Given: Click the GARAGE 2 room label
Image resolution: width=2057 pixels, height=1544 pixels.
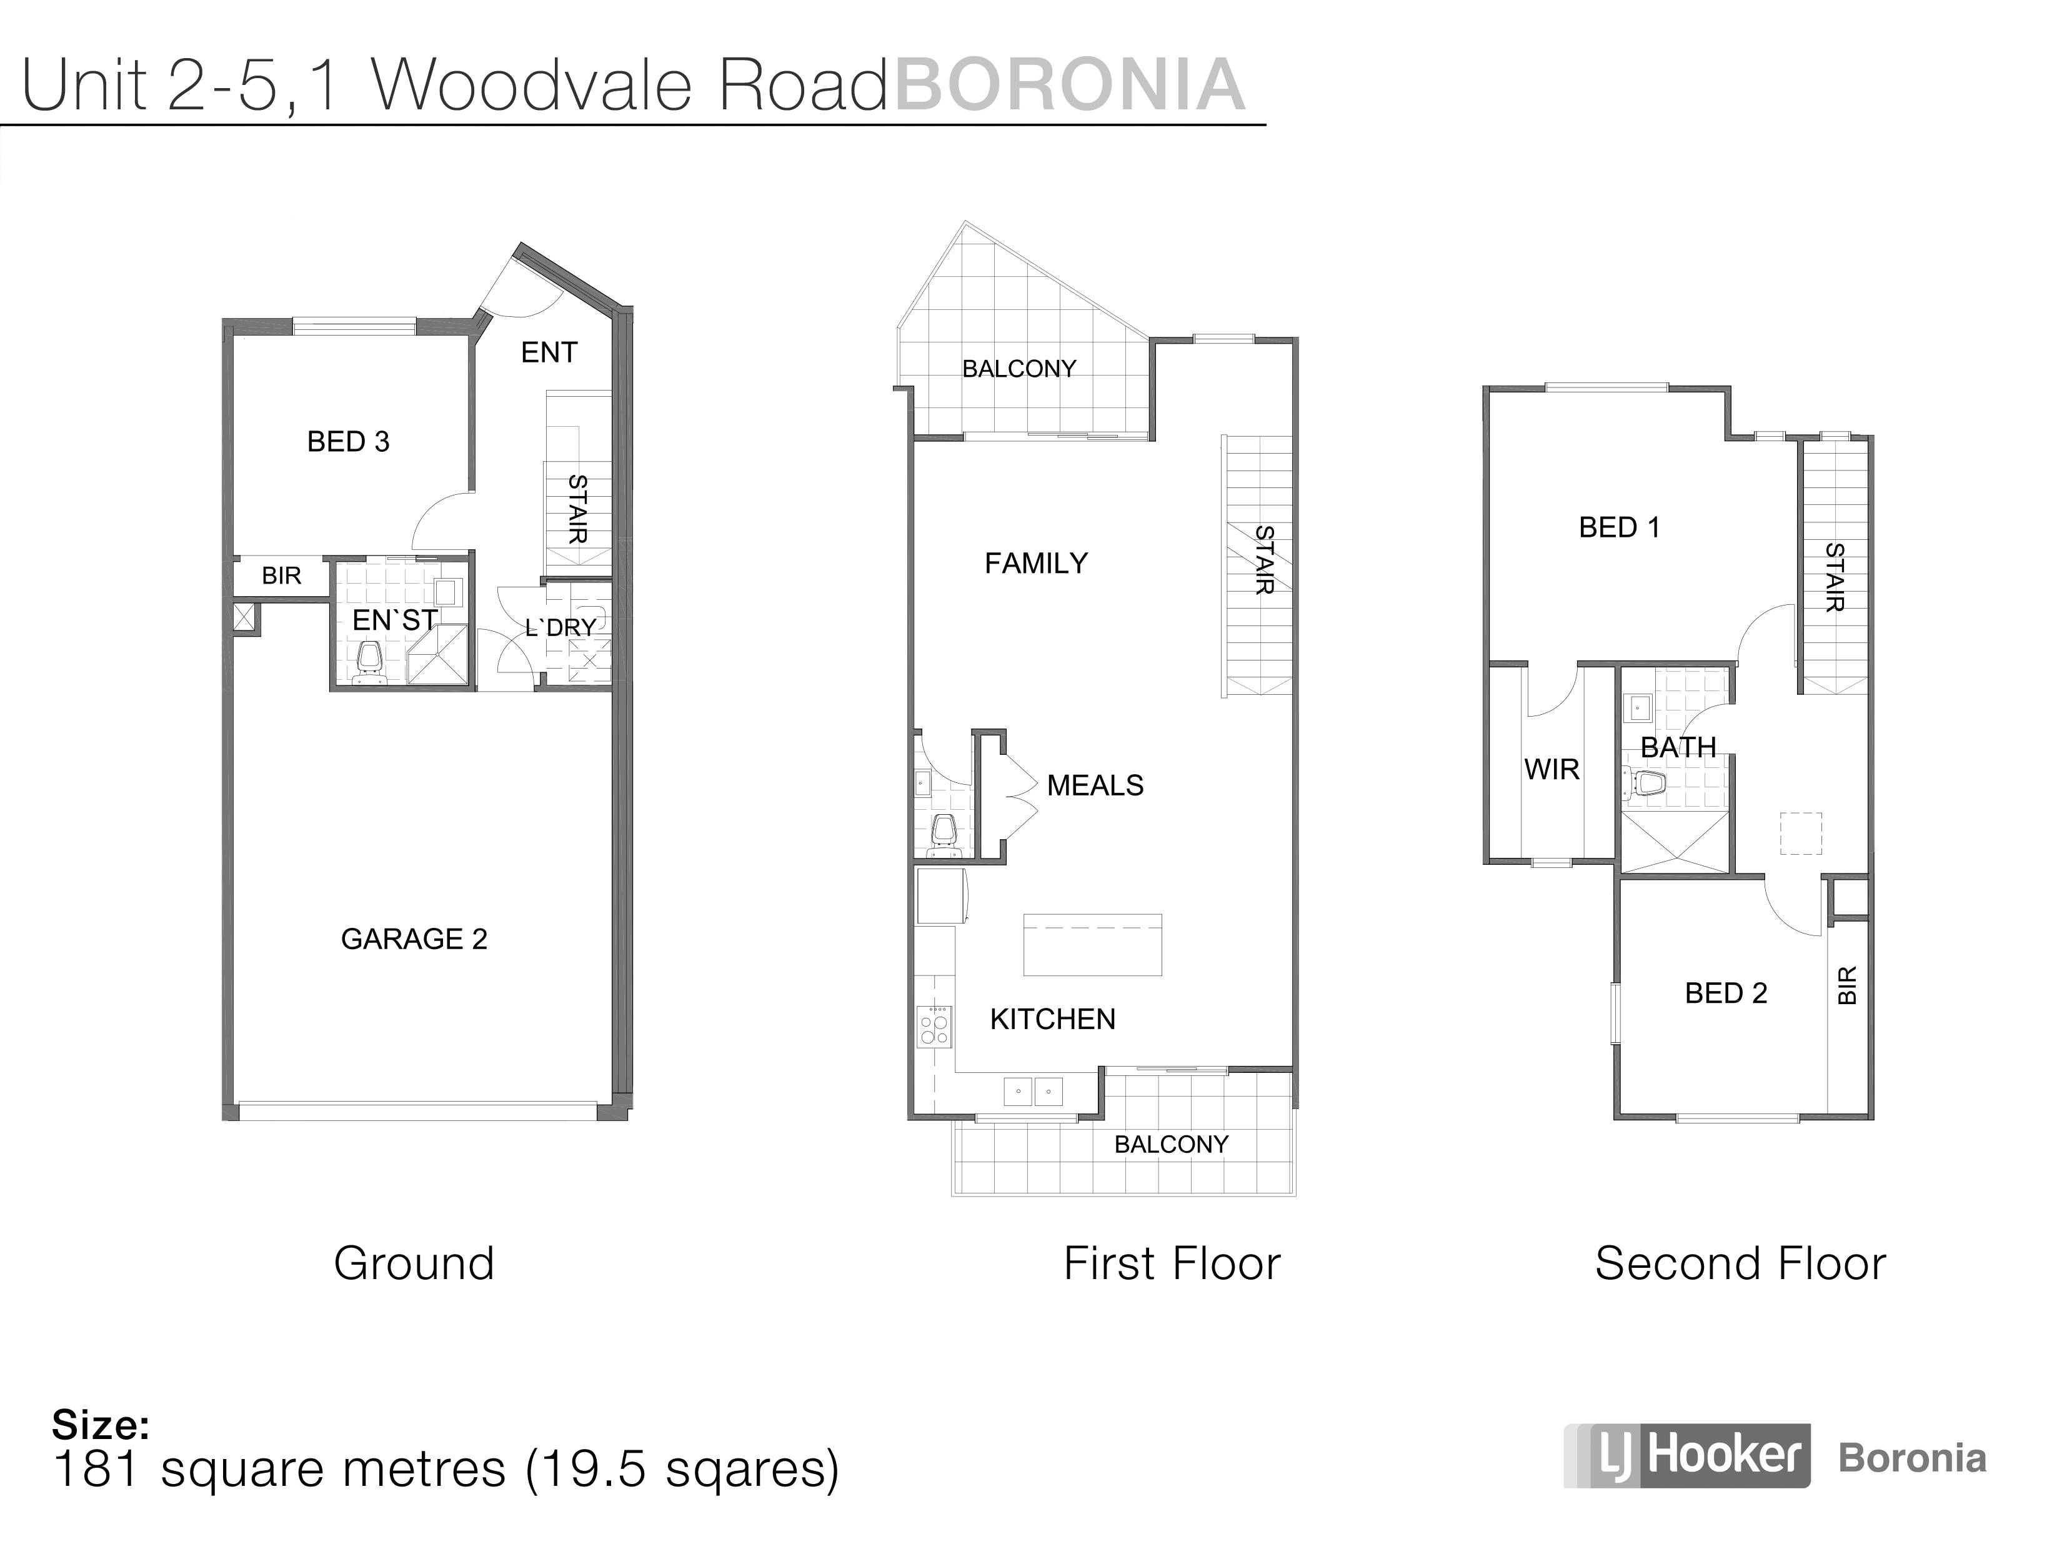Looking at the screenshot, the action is [414, 939].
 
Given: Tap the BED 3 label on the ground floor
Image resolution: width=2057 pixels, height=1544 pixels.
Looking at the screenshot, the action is [348, 441].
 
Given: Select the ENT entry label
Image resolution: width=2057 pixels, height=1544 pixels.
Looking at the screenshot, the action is [549, 352].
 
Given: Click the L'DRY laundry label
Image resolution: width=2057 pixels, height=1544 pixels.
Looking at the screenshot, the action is [560, 628].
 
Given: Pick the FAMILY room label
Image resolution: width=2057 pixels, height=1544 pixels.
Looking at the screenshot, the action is [1036, 563].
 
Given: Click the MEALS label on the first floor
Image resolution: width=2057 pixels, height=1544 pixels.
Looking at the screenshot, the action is [1095, 785].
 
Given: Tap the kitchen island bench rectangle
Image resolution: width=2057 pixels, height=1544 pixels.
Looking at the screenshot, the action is [1093, 944].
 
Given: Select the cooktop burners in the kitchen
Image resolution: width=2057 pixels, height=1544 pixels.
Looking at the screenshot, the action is [934, 1026].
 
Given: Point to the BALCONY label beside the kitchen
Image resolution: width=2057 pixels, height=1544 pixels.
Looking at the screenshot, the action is [1171, 1144].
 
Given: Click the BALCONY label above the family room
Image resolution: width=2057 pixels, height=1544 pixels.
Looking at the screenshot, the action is [1019, 368].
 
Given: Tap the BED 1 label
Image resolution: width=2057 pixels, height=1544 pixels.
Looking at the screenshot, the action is [1619, 527].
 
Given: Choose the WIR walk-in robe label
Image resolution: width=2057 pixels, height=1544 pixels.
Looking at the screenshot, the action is [1551, 769].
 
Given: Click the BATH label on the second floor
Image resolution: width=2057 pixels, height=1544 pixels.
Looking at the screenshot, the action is [1678, 747].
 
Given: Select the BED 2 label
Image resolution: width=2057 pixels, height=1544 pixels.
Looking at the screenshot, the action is [1726, 994].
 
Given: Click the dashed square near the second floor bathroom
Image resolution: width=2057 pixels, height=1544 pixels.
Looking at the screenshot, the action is [1800, 834].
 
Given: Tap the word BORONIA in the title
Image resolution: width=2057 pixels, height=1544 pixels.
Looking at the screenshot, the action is [1068, 84].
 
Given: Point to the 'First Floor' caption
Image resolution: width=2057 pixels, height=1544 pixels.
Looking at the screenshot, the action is [1172, 1263].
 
